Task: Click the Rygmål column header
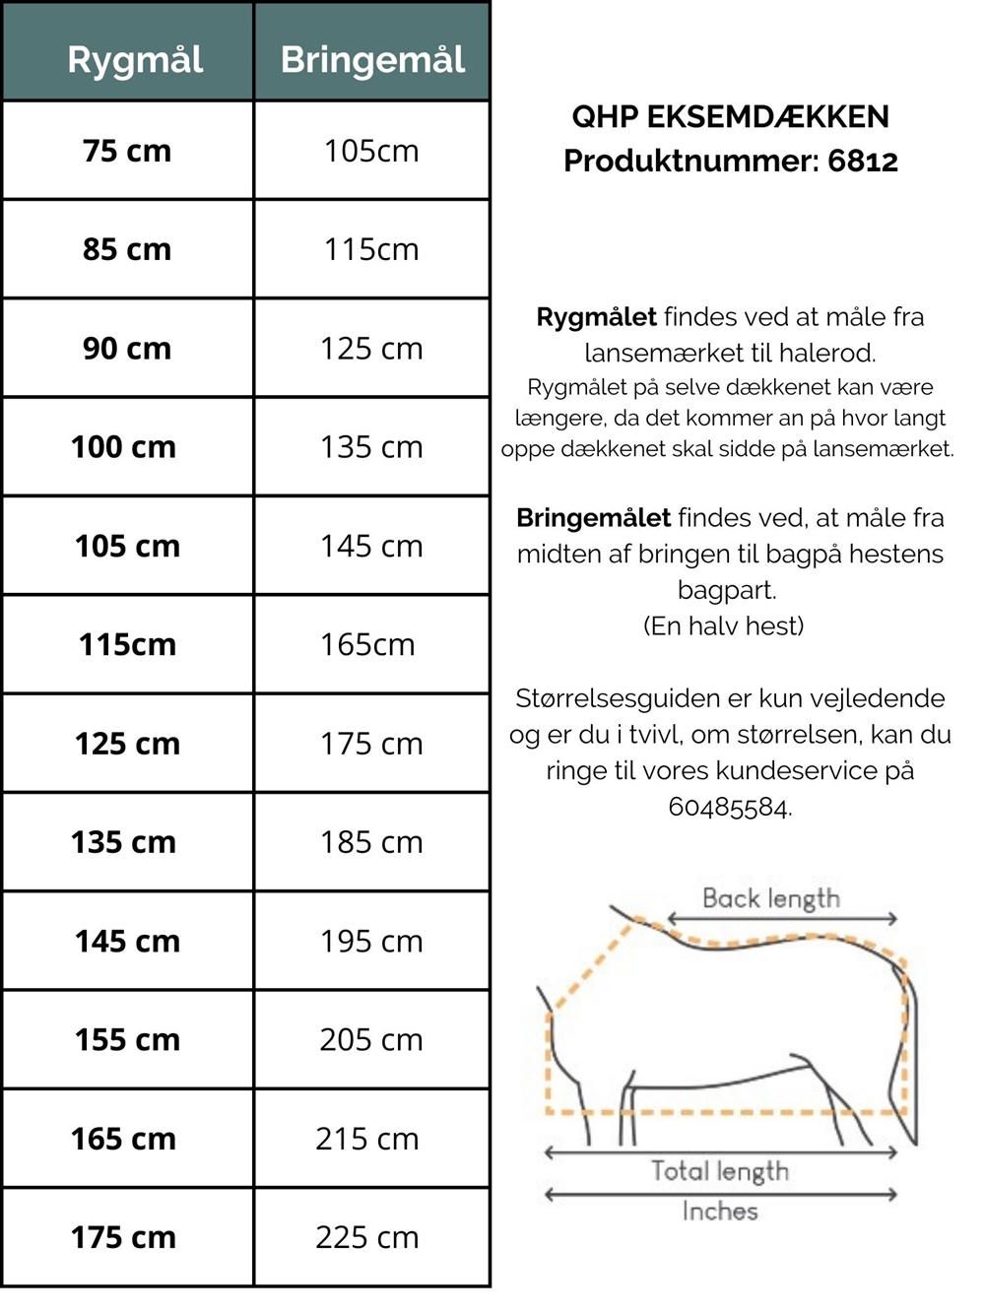[135, 60]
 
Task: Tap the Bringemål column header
[372, 60]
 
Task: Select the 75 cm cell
[127, 151]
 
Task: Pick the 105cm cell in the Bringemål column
[371, 151]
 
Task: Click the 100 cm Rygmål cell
[123, 447]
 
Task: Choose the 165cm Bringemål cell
[367, 645]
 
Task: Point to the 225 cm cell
[367, 1237]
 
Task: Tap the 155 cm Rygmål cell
[127, 1040]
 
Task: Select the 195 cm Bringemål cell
[371, 942]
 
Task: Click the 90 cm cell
[127, 349]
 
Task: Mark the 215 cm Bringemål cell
[367, 1139]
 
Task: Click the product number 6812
[863, 161]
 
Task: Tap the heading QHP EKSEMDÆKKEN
[730, 117]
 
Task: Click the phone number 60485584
[729, 808]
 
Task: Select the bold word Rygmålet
[596, 317]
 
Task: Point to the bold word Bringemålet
[593, 518]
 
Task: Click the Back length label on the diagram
[771, 898]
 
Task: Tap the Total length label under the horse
[720, 1171]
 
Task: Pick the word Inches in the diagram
[720, 1211]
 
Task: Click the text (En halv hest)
[724, 626]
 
